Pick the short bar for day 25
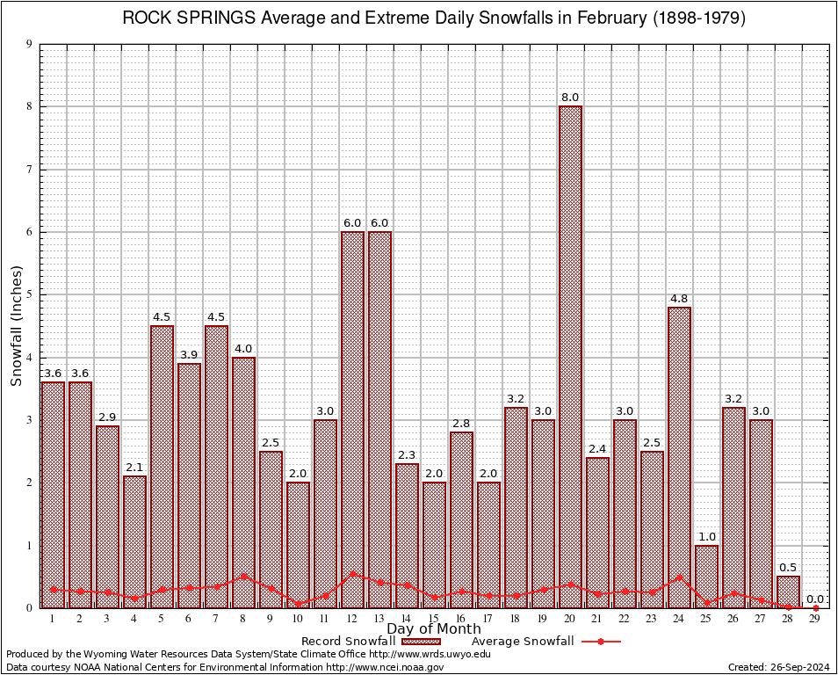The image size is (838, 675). (x=706, y=576)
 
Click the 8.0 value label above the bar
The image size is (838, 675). (x=570, y=97)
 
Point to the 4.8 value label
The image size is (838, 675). (x=679, y=298)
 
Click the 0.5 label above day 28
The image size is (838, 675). (x=788, y=567)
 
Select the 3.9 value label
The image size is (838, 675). (x=189, y=354)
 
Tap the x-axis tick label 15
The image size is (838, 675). (x=434, y=619)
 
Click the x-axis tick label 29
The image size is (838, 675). (x=815, y=619)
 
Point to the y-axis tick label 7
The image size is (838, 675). (x=30, y=170)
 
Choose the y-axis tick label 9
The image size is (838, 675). (x=30, y=44)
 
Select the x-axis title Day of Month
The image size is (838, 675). (x=434, y=629)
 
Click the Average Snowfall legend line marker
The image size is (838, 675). (x=601, y=642)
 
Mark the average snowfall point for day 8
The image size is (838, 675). (x=243, y=577)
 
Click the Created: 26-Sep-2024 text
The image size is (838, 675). (x=779, y=668)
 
